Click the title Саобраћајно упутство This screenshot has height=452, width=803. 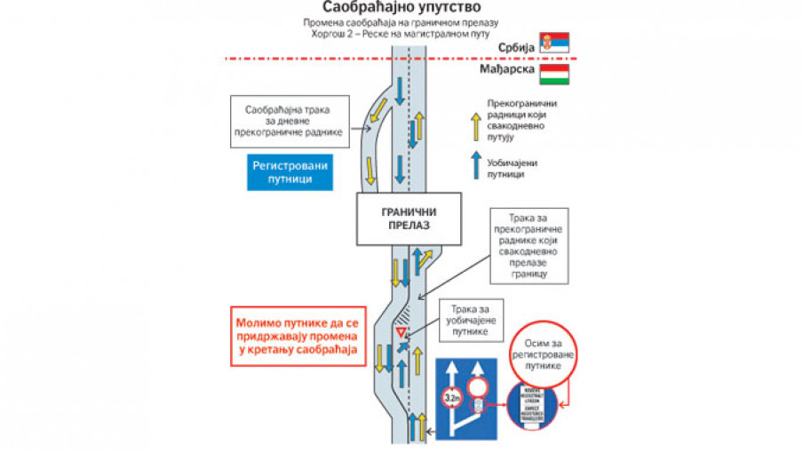(400, 8)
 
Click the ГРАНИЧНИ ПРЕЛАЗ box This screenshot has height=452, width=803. (409, 218)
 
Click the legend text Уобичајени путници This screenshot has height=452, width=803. (513, 169)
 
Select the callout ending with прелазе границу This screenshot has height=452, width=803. (529, 246)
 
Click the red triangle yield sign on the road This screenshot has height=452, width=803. (400, 331)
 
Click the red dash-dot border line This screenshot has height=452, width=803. (400, 59)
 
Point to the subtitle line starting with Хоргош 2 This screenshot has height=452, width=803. (400, 34)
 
